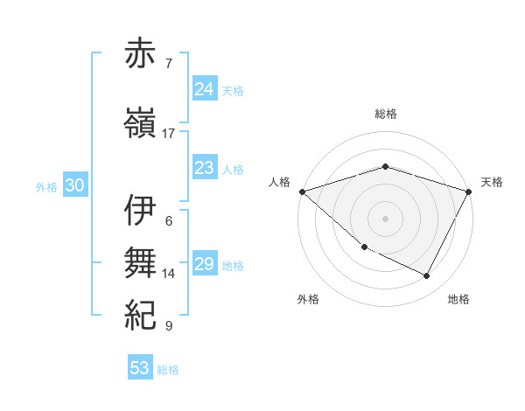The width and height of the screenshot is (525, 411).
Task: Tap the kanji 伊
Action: pyautogui.click(x=141, y=210)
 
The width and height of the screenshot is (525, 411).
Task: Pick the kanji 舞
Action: pyautogui.click(x=141, y=262)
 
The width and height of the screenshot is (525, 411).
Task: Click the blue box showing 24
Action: pyautogui.click(x=205, y=88)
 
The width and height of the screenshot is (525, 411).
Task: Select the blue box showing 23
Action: pyautogui.click(x=205, y=168)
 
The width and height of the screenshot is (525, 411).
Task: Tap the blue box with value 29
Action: pyautogui.click(x=205, y=264)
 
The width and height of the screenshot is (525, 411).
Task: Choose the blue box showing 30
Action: pyautogui.click(x=74, y=185)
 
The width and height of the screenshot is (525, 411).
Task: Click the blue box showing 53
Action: pyautogui.click(x=140, y=368)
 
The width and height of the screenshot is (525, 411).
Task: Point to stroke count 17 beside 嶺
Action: pyautogui.click(x=169, y=134)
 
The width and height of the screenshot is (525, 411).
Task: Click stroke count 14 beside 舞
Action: pyautogui.click(x=169, y=274)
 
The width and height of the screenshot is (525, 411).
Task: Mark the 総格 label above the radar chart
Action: pyautogui.click(x=386, y=114)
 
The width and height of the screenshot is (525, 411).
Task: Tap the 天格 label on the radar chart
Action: pyautogui.click(x=492, y=182)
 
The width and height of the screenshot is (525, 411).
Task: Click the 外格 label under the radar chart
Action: pyautogui.click(x=308, y=299)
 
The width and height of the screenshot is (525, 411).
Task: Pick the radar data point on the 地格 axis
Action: pyautogui.click(x=427, y=276)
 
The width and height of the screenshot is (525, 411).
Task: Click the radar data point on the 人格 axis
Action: pyautogui.click(x=302, y=192)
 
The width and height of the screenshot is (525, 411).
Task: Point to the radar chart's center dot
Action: pyautogui.click(x=386, y=218)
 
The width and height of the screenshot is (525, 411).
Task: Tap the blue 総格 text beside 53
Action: pyautogui.click(x=169, y=370)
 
